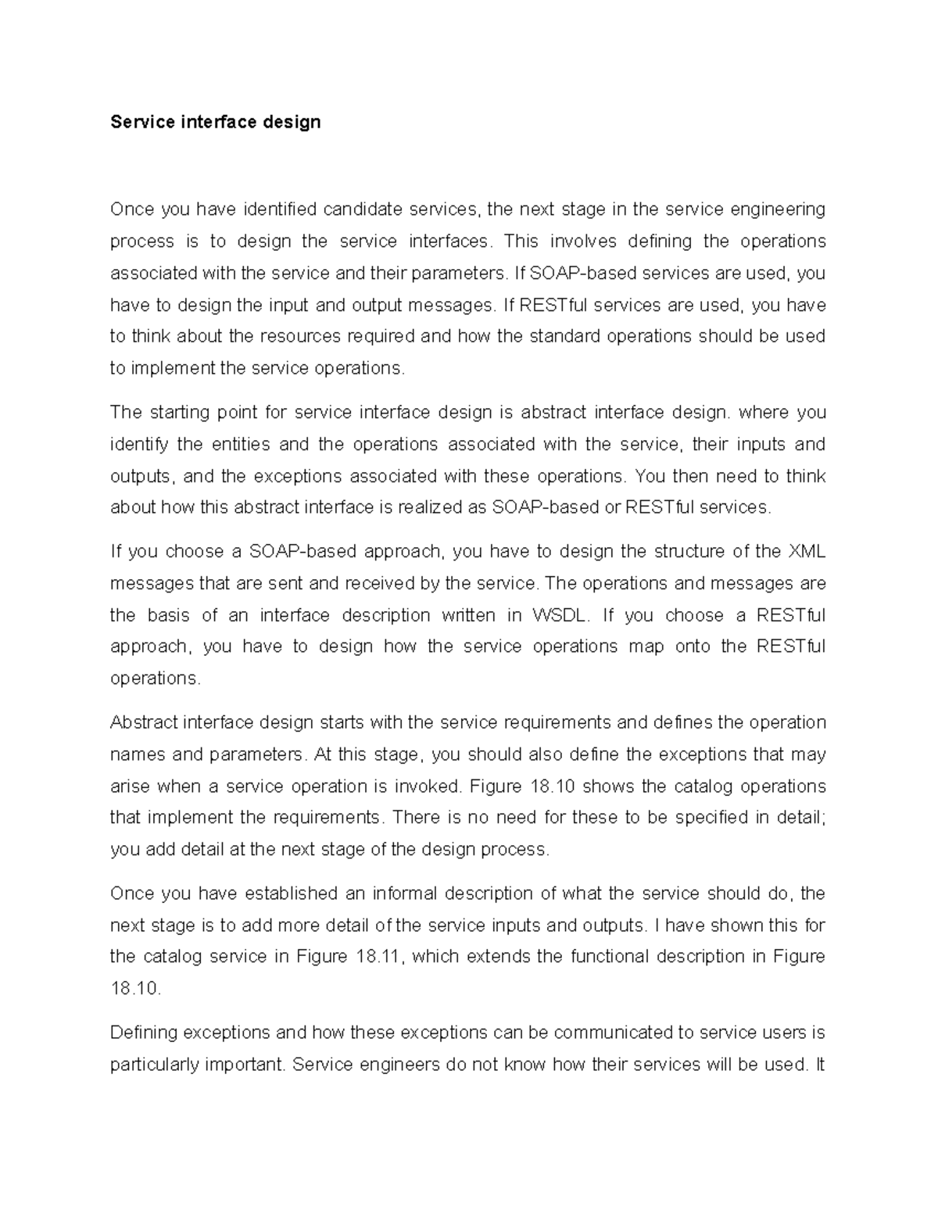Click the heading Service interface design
(215, 122)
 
